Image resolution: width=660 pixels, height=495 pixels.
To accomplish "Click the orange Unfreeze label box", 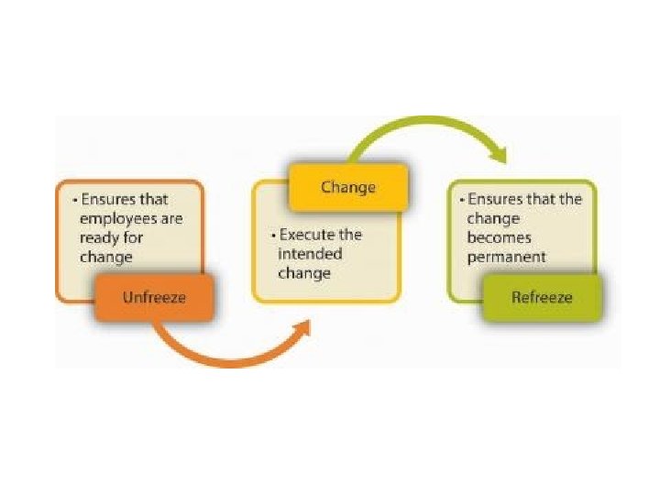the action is [x=153, y=297].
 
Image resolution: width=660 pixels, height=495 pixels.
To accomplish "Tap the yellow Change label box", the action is [x=347, y=188].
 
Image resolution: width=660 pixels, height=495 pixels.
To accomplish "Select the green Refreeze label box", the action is [x=542, y=297].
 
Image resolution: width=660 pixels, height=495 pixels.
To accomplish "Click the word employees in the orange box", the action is [x=115, y=219].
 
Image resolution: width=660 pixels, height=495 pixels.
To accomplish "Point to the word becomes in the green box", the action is [x=497, y=238].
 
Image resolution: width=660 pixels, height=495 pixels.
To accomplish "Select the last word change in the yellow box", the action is [x=305, y=273].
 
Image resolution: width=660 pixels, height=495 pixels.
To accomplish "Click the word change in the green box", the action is [x=492, y=219].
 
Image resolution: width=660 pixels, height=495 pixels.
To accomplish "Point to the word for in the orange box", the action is [x=134, y=238].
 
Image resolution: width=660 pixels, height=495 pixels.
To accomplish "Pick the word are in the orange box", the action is [x=170, y=219].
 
